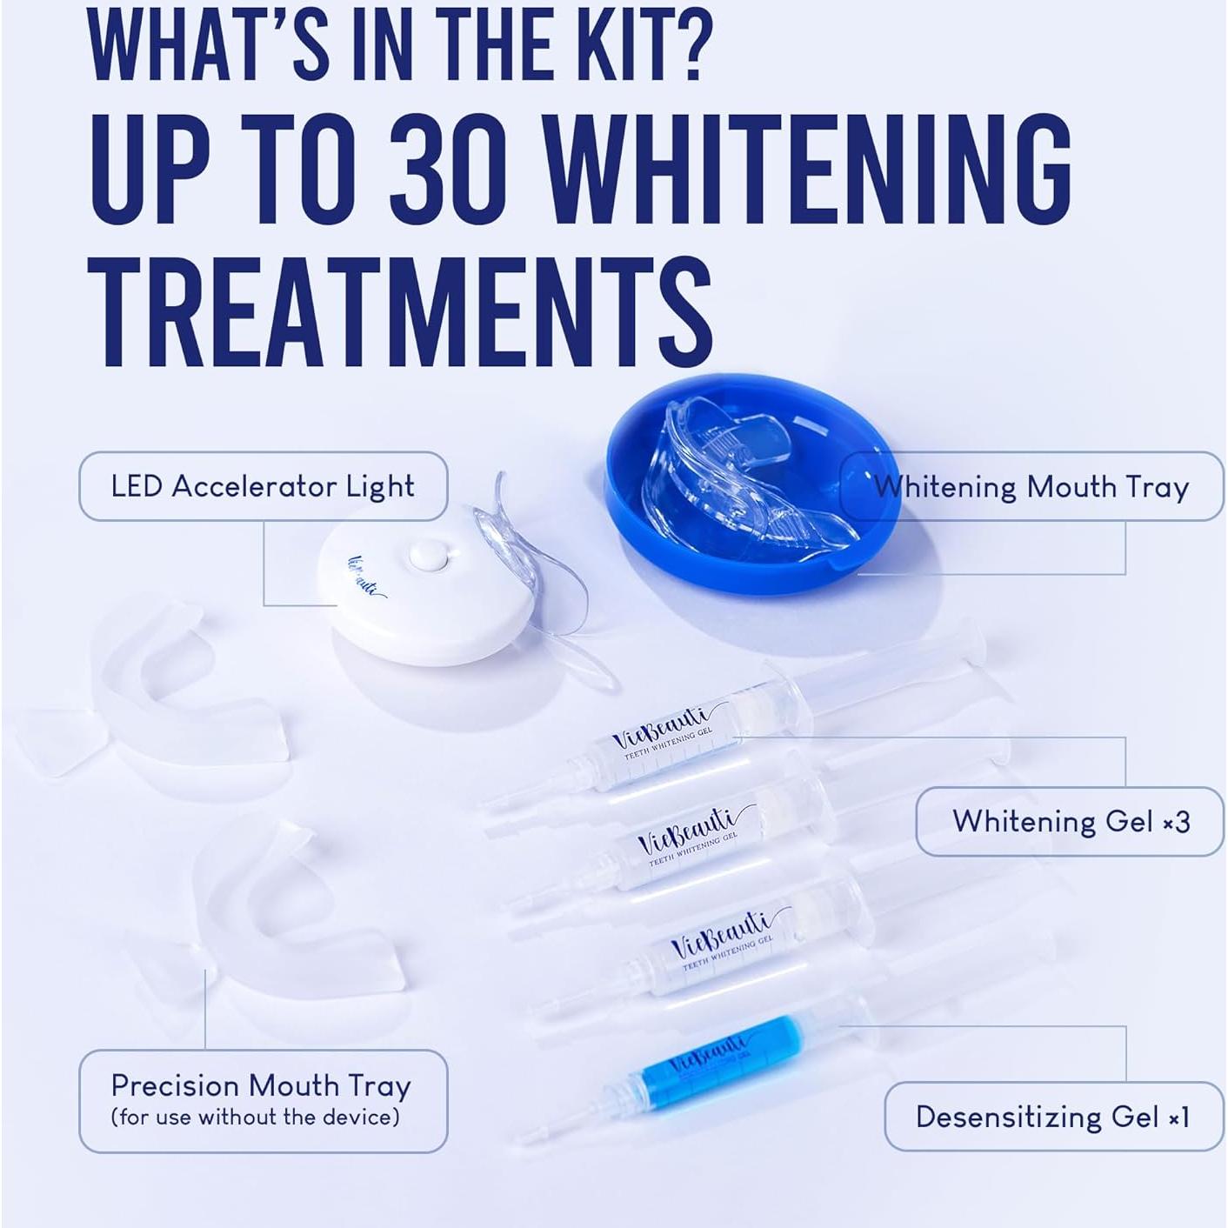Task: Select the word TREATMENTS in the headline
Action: [400, 315]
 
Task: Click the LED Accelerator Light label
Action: [263, 486]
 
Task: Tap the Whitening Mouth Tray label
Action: [1031, 487]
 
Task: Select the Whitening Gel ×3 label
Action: [1071, 821]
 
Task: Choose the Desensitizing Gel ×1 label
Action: [1052, 1117]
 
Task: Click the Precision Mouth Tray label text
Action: [261, 1085]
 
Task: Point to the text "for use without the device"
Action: [256, 1118]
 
